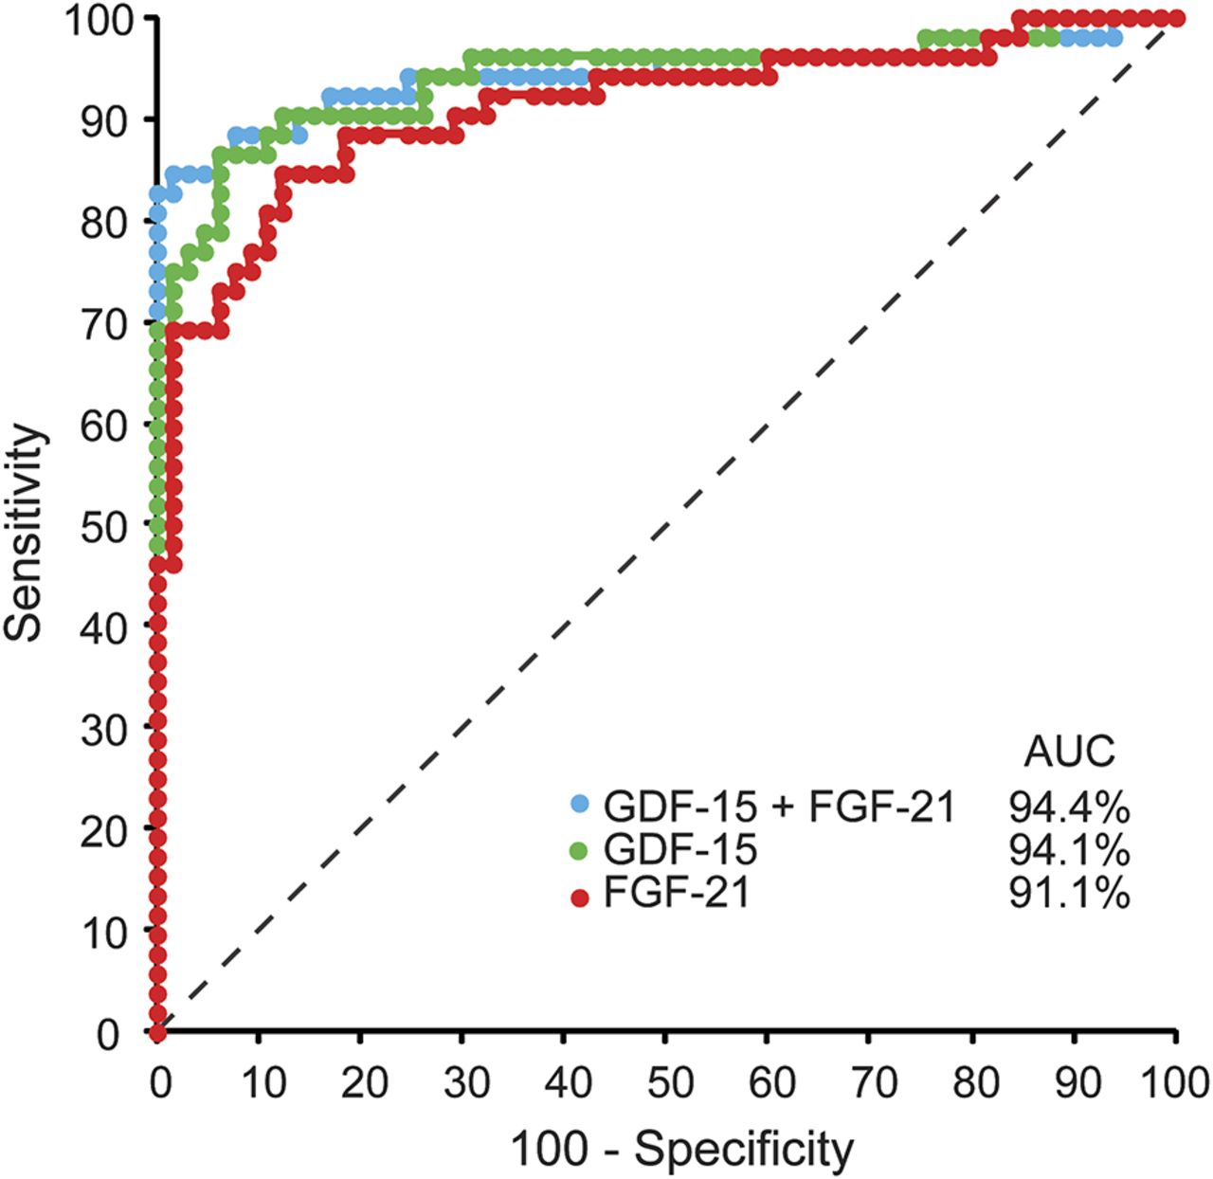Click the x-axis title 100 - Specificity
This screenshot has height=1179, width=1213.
tap(681, 1150)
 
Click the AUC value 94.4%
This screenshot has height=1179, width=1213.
tap(1069, 807)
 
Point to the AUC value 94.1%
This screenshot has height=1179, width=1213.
tap(1069, 850)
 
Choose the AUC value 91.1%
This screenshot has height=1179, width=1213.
tap(1069, 894)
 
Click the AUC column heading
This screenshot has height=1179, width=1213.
tap(1069, 752)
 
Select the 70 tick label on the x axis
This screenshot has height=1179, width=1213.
tap(872, 1082)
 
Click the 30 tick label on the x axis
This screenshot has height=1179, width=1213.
tap(465, 1082)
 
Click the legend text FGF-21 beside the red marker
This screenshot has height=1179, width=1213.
tap(676, 894)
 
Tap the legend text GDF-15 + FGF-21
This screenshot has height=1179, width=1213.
tap(779, 807)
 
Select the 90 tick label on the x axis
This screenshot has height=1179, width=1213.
tap(1077, 1082)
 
